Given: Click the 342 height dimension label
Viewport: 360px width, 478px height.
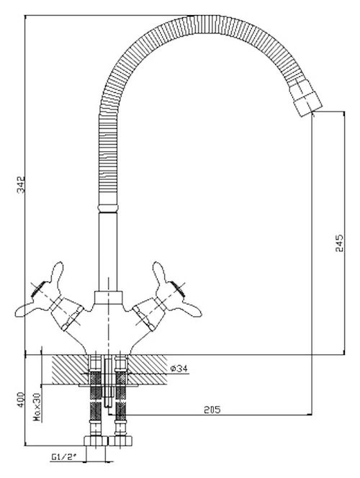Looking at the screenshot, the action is pyautogui.click(x=21, y=184).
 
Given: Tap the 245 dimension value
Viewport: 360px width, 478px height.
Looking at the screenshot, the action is pyautogui.click(x=339, y=243).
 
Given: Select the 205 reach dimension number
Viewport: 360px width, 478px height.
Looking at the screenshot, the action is pyautogui.click(x=212, y=410).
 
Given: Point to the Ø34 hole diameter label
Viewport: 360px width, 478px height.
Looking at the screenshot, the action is pyautogui.click(x=179, y=369).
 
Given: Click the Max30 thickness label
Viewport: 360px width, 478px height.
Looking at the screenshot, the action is pyautogui.click(x=37, y=407).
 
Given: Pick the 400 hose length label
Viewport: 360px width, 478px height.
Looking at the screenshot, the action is pyautogui.click(x=20, y=400).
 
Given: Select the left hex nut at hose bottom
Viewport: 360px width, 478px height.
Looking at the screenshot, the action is pyautogui.click(x=96, y=441).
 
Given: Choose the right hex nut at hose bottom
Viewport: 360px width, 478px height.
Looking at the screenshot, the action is pyautogui.click(x=120, y=441).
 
